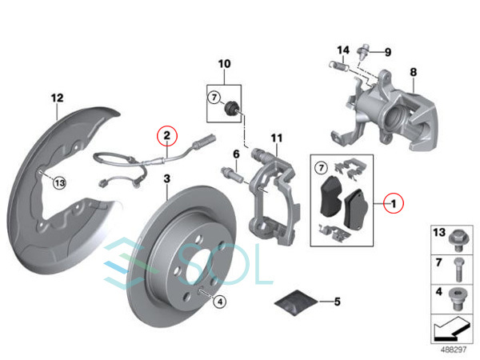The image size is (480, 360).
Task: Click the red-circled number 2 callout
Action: pyautogui.click(x=167, y=135)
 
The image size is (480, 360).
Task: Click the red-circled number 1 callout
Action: pyautogui.click(x=394, y=203)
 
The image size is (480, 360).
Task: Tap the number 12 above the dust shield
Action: pyautogui.click(x=58, y=98)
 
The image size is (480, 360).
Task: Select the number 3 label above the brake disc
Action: pyautogui.click(x=167, y=178)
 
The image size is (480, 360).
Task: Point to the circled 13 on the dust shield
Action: pyautogui.click(x=59, y=183)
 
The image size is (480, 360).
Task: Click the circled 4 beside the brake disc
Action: pyautogui.click(x=220, y=302)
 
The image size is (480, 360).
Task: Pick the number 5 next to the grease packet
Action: pyautogui.click(x=337, y=302)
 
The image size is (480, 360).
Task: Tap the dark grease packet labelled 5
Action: pyautogui.click(x=295, y=302)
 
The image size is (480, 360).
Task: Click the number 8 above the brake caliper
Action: pyautogui.click(x=414, y=72)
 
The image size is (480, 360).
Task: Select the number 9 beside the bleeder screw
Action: pyautogui.click(x=388, y=52)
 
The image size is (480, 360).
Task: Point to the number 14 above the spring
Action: pyautogui.click(x=343, y=50)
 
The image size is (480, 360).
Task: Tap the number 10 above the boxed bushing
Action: pyautogui.click(x=224, y=64)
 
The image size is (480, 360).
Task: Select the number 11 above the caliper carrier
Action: pyautogui.click(x=277, y=138)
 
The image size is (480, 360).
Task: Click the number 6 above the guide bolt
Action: pyautogui.click(x=236, y=154)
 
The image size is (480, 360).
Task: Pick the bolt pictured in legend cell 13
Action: pyautogui.click(x=458, y=241)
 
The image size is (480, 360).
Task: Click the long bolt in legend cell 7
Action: pyautogui.click(x=458, y=269)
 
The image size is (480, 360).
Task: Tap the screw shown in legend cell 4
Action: pyautogui.click(x=458, y=298)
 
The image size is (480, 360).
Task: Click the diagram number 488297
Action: pyautogui.click(x=454, y=350)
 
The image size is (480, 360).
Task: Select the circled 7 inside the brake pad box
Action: pyautogui.click(x=321, y=168)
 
